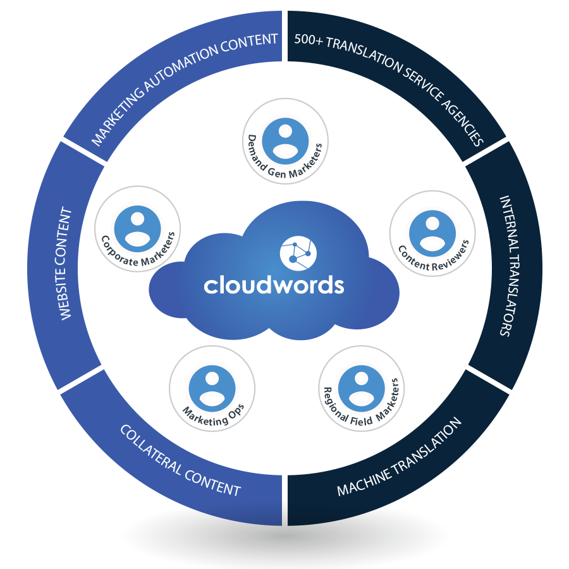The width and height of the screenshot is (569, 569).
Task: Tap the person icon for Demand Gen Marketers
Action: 285,140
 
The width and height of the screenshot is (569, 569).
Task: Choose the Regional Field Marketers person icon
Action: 361,385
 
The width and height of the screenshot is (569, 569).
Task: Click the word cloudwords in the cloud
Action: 274,284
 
